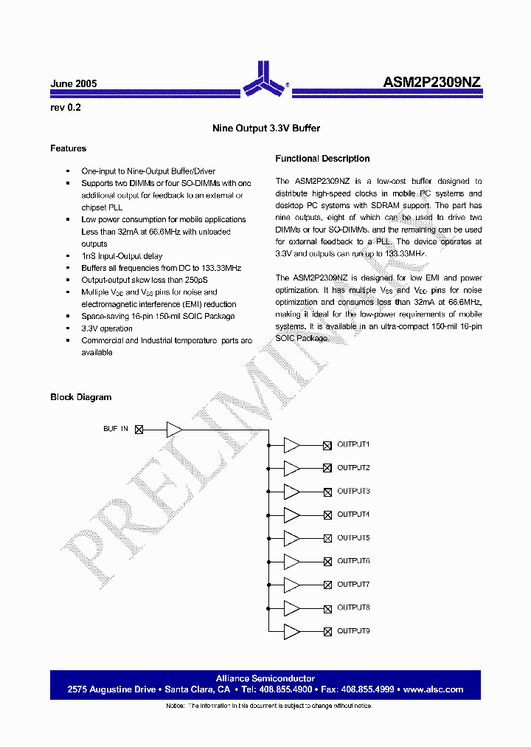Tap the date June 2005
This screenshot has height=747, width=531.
click(74, 84)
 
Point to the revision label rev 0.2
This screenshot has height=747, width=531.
click(66, 107)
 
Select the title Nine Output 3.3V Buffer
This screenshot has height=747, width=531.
click(266, 128)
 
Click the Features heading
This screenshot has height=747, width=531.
click(68, 148)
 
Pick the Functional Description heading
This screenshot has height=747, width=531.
click(322, 159)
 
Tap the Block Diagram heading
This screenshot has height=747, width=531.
click(80, 397)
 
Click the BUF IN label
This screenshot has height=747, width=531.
click(116, 429)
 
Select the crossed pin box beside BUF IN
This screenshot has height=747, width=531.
click(138, 429)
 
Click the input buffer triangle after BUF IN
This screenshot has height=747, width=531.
click(174, 429)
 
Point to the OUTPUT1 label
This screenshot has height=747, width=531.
click(353, 444)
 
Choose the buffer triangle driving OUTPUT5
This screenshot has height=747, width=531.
click(291, 538)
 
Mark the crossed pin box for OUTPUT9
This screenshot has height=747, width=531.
click(327, 631)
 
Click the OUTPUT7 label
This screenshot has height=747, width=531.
click(353, 585)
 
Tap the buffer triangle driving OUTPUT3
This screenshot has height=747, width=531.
click(291, 492)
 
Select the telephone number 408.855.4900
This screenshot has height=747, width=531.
click(285, 689)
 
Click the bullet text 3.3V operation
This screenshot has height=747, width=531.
click(107, 328)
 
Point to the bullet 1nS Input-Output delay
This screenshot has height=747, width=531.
click(122, 256)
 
